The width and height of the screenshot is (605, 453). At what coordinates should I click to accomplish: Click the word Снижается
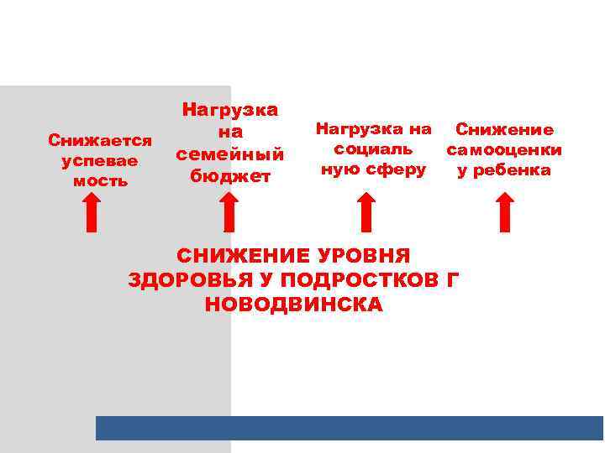pyautogui.click(x=100, y=139)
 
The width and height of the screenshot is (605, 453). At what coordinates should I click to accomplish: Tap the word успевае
pyautogui.click(x=100, y=159)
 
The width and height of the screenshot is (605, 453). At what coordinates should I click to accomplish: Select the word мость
pyautogui.click(x=100, y=180)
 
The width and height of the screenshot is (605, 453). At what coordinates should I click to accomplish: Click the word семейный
pyautogui.click(x=229, y=154)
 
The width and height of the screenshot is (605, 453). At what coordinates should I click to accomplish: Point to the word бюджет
pyautogui.click(x=229, y=175)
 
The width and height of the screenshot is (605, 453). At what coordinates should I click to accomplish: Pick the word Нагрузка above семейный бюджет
pyautogui.click(x=229, y=110)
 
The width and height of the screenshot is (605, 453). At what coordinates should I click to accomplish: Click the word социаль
pyautogui.click(x=373, y=149)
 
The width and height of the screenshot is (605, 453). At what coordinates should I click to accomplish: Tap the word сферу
pyautogui.click(x=397, y=169)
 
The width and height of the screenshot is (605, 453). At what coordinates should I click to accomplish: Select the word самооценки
pyautogui.click(x=504, y=151)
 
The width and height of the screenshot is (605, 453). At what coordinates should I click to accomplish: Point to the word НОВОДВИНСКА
pyautogui.click(x=293, y=305)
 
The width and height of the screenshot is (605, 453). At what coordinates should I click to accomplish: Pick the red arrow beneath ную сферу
pyautogui.click(x=366, y=211)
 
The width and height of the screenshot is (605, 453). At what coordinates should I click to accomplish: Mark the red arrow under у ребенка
pyautogui.click(x=504, y=211)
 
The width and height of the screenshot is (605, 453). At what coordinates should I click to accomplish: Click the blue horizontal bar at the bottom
pyautogui.click(x=350, y=428)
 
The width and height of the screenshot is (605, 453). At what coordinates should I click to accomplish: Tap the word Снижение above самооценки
pyautogui.click(x=504, y=130)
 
